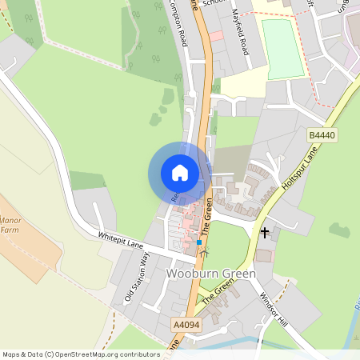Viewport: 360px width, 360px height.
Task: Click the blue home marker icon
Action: coord(180,173)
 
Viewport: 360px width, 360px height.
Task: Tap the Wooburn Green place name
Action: coord(211,274)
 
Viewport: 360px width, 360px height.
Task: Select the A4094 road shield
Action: coord(185,326)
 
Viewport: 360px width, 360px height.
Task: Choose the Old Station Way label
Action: coord(137,277)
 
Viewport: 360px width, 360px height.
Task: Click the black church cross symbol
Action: coord(265,233)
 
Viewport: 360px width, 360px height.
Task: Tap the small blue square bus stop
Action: coord(199,242)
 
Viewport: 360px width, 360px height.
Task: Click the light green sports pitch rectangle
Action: coord(282,49)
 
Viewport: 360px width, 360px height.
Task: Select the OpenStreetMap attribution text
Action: coord(81,354)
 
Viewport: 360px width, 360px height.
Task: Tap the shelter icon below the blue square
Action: coord(203,253)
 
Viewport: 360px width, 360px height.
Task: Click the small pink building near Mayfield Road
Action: coord(215,36)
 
